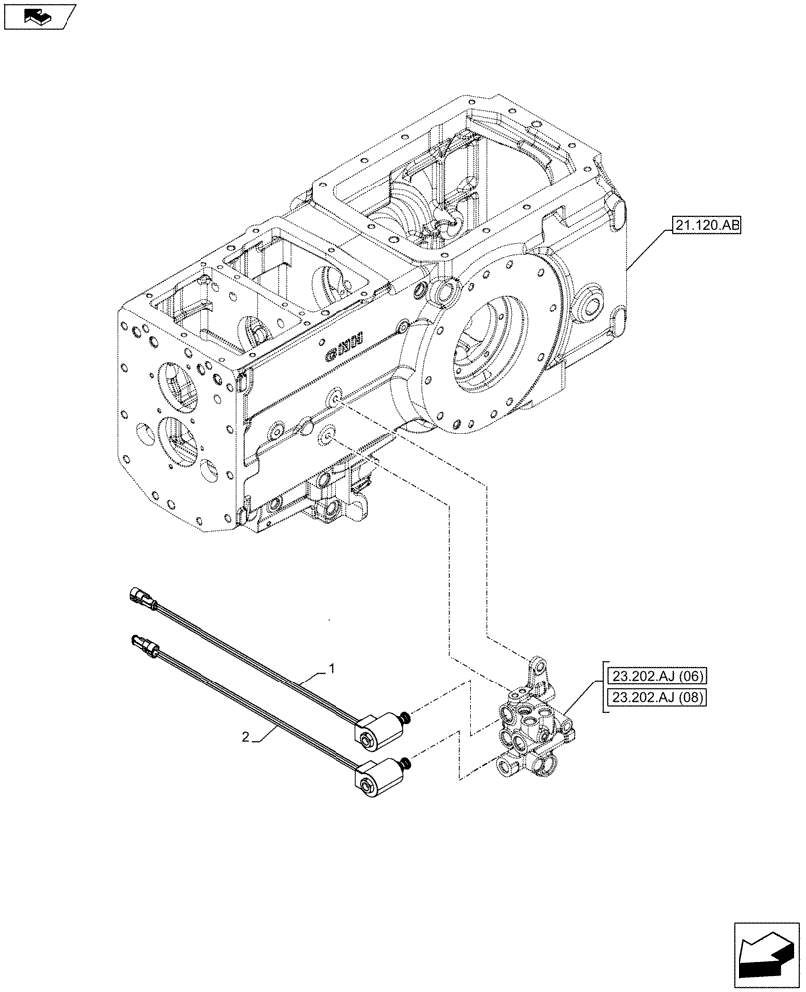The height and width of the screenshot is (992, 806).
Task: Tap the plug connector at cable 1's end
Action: (x=142, y=599)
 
